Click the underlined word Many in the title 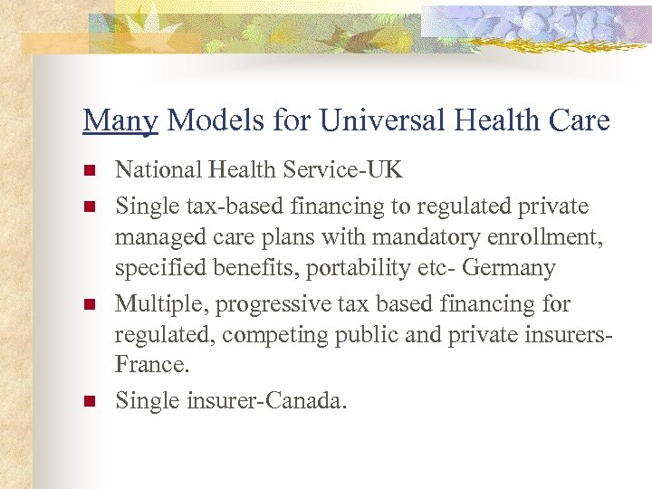(x=120, y=120)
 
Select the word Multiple (x=155, y=303)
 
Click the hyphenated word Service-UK (x=346, y=171)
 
